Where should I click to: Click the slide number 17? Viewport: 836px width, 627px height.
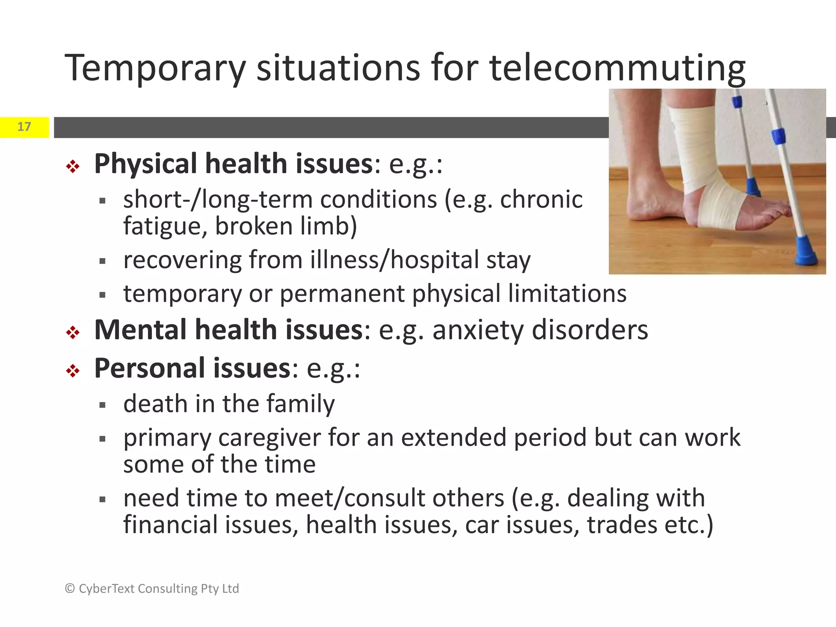pyautogui.click(x=24, y=127)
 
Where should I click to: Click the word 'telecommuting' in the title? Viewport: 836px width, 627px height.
pyautogui.click(x=617, y=68)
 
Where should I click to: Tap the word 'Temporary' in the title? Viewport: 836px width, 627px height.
pyautogui.click(x=155, y=68)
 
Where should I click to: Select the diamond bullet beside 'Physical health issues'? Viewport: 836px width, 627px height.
pyautogui.click(x=73, y=166)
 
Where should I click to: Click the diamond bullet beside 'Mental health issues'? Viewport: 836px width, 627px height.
pyautogui.click(x=73, y=332)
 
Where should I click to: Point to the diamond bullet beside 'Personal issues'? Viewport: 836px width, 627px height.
pyautogui.click(x=73, y=371)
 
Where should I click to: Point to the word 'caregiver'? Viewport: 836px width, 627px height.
pyautogui.click(x=269, y=438)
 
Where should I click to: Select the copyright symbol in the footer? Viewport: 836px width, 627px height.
pyautogui.click(x=70, y=589)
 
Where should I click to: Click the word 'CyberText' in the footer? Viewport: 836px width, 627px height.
pyautogui.click(x=106, y=589)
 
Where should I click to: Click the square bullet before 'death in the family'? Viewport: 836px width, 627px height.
pyautogui.click(x=102, y=405)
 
